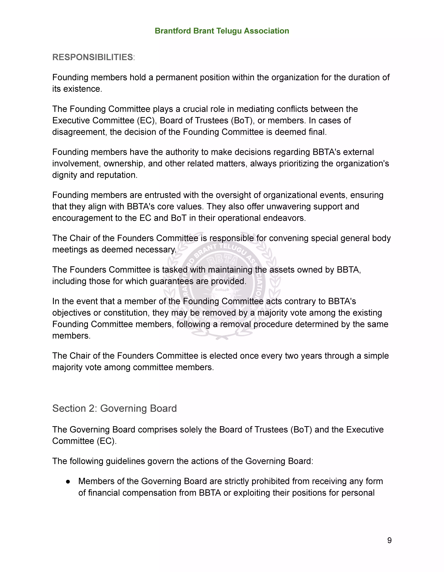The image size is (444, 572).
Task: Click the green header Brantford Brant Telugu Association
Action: click(x=222, y=31)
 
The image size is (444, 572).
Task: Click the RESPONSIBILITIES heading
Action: click(x=93, y=57)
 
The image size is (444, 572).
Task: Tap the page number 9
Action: click(x=389, y=540)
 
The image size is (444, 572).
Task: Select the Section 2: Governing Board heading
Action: click(x=115, y=408)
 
